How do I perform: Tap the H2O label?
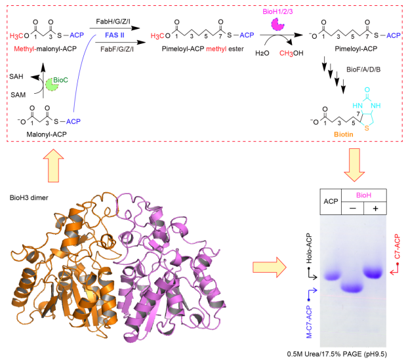click(x=262, y=54)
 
